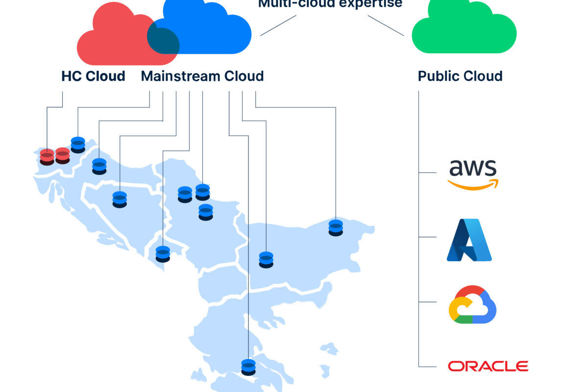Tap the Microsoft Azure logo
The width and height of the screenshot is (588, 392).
[x=469, y=240]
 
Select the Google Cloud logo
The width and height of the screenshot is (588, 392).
[x=472, y=304]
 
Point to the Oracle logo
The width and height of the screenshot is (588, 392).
[x=488, y=366]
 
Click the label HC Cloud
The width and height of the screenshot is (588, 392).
[x=93, y=76]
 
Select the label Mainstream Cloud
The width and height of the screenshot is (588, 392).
[x=202, y=76]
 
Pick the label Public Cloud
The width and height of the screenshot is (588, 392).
[x=460, y=76]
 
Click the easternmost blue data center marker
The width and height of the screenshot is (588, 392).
[x=336, y=227]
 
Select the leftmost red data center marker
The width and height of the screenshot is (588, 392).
[x=47, y=157]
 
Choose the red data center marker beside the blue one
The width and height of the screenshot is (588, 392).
[x=63, y=155]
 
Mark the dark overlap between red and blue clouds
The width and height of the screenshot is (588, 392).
[x=163, y=41]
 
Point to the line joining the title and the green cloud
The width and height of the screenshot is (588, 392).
[x=386, y=25]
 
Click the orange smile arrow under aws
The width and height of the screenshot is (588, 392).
[x=473, y=184]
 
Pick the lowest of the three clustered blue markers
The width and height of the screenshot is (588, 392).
[x=206, y=212]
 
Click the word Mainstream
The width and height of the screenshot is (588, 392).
[x=180, y=76]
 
